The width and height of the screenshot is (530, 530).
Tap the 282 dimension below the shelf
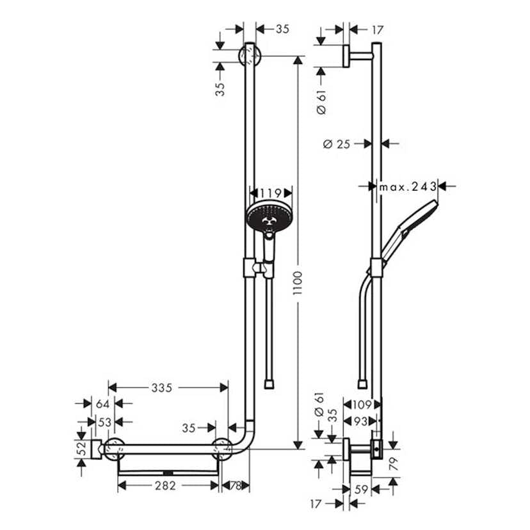click(165, 486)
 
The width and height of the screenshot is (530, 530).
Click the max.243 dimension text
click(408, 186)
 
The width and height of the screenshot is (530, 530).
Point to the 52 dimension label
click(81, 449)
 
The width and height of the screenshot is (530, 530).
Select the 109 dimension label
click(362, 404)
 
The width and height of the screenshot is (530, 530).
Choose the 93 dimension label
click(362, 421)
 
